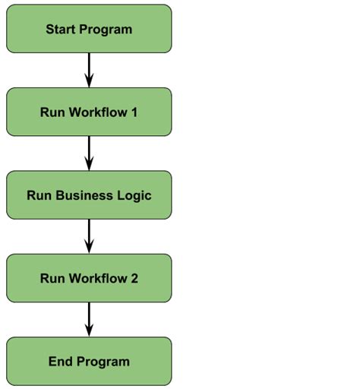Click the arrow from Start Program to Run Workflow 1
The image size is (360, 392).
click(89, 70)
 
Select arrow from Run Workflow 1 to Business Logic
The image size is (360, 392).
click(89, 153)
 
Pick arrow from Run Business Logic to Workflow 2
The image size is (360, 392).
click(89, 236)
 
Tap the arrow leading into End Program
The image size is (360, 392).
click(89, 319)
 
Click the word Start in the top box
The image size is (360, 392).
click(60, 30)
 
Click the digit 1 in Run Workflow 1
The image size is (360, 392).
click(134, 112)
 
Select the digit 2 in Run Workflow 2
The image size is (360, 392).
click(134, 279)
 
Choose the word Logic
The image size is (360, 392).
click(134, 196)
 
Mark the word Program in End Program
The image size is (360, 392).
click(103, 362)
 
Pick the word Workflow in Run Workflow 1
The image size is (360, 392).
click(97, 112)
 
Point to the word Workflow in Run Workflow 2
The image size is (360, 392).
click(97, 279)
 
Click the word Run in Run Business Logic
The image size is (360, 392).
click(38, 195)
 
